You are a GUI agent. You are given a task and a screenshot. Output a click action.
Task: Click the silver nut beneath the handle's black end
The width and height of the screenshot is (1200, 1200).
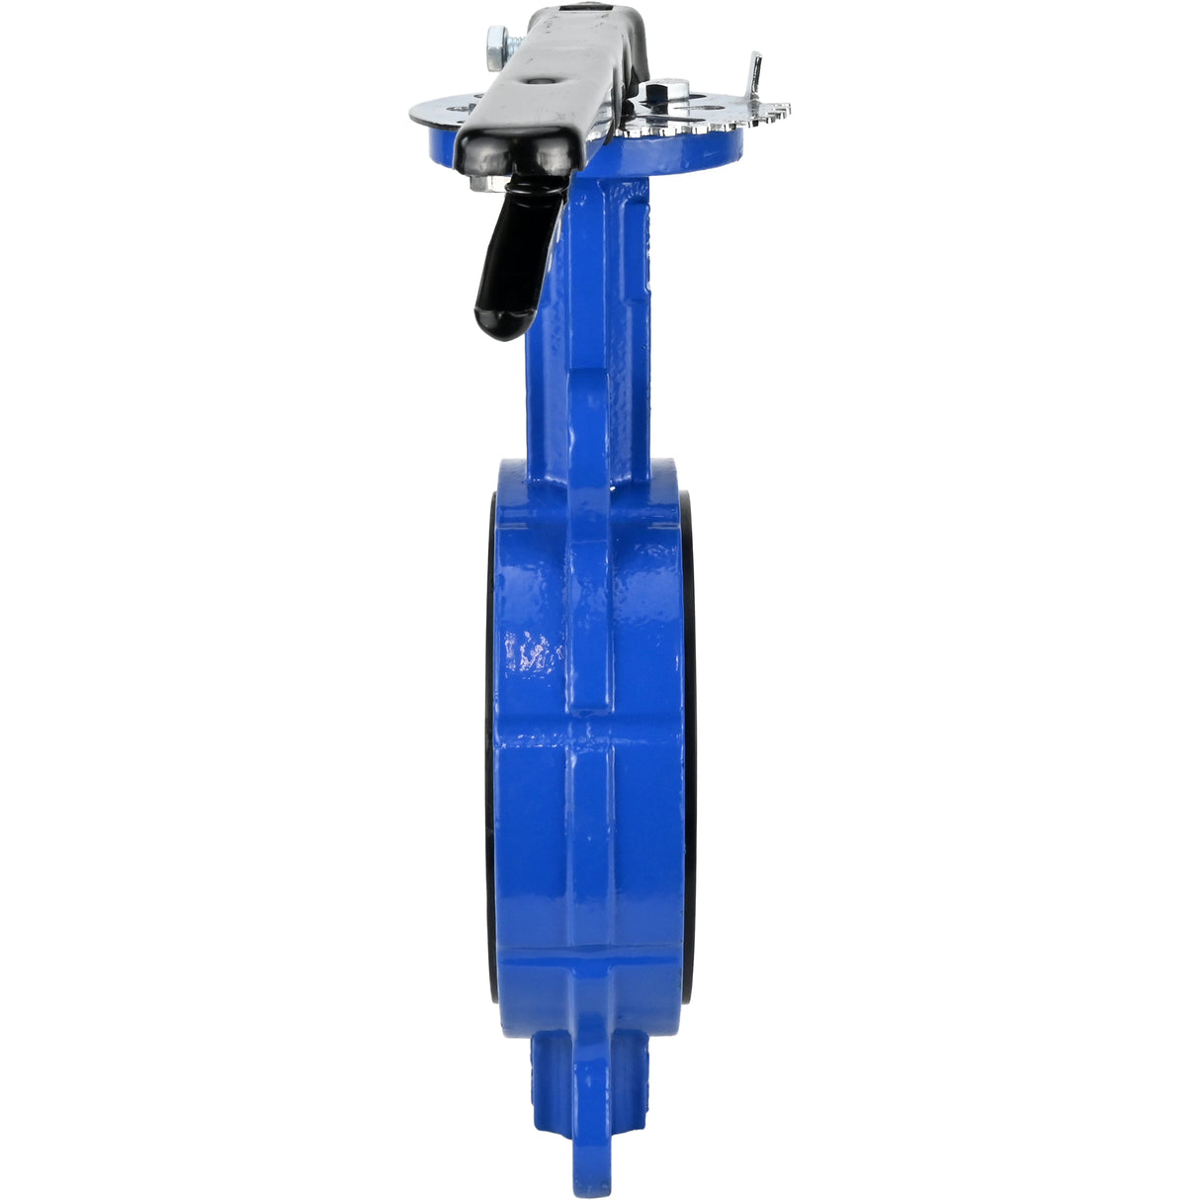pos(483,182)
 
